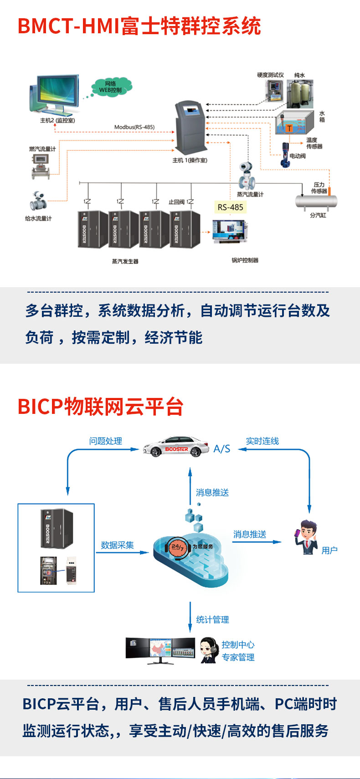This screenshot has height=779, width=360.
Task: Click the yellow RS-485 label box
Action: tap(231, 207)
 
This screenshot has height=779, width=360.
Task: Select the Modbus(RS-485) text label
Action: tap(134, 127)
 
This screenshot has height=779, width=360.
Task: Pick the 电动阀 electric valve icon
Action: tap(286, 155)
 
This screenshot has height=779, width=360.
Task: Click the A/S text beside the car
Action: tap(222, 449)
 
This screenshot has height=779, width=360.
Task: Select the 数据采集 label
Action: tap(117, 545)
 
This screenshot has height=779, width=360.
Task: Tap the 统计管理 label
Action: tap(212, 619)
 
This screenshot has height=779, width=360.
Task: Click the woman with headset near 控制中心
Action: tap(209, 650)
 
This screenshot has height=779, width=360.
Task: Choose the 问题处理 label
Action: tap(106, 441)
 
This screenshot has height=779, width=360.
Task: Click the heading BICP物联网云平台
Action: tap(100, 406)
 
